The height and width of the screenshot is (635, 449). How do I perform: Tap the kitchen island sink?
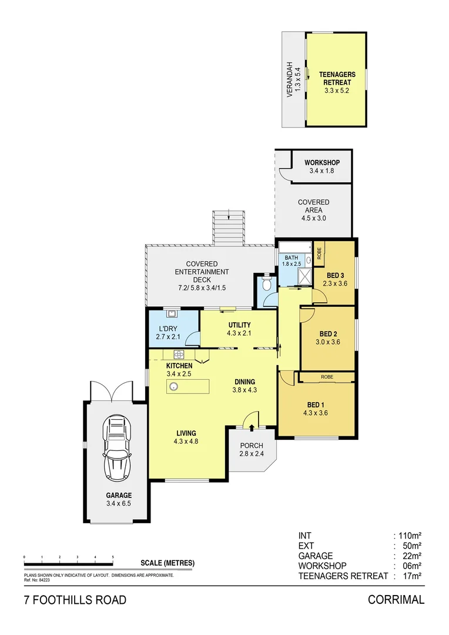click(174, 386)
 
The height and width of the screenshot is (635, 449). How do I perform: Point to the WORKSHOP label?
click(321, 163)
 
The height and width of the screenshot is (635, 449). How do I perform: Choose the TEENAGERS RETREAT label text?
click(337, 79)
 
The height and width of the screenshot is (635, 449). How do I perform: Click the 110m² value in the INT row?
click(410, 536)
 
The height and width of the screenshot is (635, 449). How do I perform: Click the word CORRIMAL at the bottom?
click(396, 600)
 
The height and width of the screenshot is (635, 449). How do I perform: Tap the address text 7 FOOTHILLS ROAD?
click(75, 600)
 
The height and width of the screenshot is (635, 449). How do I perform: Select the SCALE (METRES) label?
click(167, 563)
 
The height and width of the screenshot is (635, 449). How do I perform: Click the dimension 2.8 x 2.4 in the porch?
click(251, 453)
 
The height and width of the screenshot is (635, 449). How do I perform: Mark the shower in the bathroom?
click(305, 276)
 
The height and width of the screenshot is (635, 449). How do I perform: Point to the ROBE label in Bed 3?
click(319, 252)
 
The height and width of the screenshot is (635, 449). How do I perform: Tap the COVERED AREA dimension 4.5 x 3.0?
click(313, 218)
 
